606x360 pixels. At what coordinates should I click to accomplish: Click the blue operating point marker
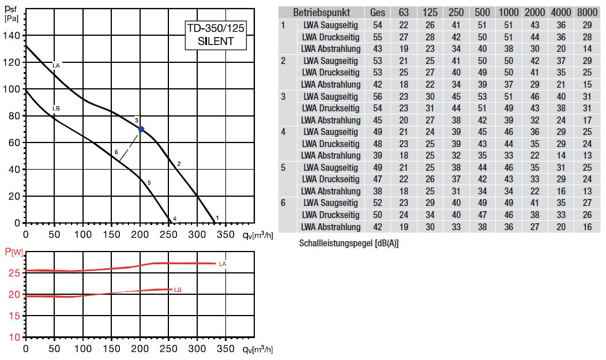click(141, 129)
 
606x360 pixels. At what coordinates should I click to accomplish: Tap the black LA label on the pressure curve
click(55, 65)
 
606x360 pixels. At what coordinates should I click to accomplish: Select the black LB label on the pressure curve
click(55, 108)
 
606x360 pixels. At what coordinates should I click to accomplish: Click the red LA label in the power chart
click(222, 264)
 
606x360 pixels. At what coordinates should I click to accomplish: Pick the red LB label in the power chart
click(178, 290)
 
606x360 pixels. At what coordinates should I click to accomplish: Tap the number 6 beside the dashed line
click(116, 152)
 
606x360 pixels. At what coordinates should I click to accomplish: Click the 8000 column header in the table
click(587, 12)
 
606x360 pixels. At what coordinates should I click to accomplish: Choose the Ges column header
click(378, 12)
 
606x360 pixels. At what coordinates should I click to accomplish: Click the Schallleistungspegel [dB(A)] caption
click(349, 243)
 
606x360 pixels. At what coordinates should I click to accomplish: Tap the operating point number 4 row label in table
click(283, 132)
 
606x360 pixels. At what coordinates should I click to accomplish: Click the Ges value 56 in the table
click(378, 96)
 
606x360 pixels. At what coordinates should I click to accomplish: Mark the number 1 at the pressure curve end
click(217, 217)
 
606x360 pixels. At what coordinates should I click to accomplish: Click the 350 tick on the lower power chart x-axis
click(227, 350)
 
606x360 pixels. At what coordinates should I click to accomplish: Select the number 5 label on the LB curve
click(149, 183)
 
